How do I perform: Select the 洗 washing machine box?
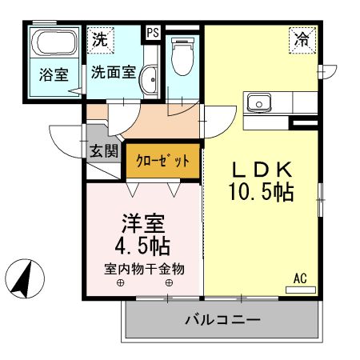[101, 38]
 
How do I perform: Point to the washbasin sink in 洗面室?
[150, 80]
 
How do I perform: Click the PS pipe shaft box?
[152, 34]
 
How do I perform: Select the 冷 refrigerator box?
[301, 38]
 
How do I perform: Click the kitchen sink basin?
[260, 102]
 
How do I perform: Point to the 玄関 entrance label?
[103, 150]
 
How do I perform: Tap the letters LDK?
[264, 170]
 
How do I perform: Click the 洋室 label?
[143, 221]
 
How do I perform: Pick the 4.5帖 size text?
[143, 244]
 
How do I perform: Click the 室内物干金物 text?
[144, 268]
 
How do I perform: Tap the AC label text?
[300, 278]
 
